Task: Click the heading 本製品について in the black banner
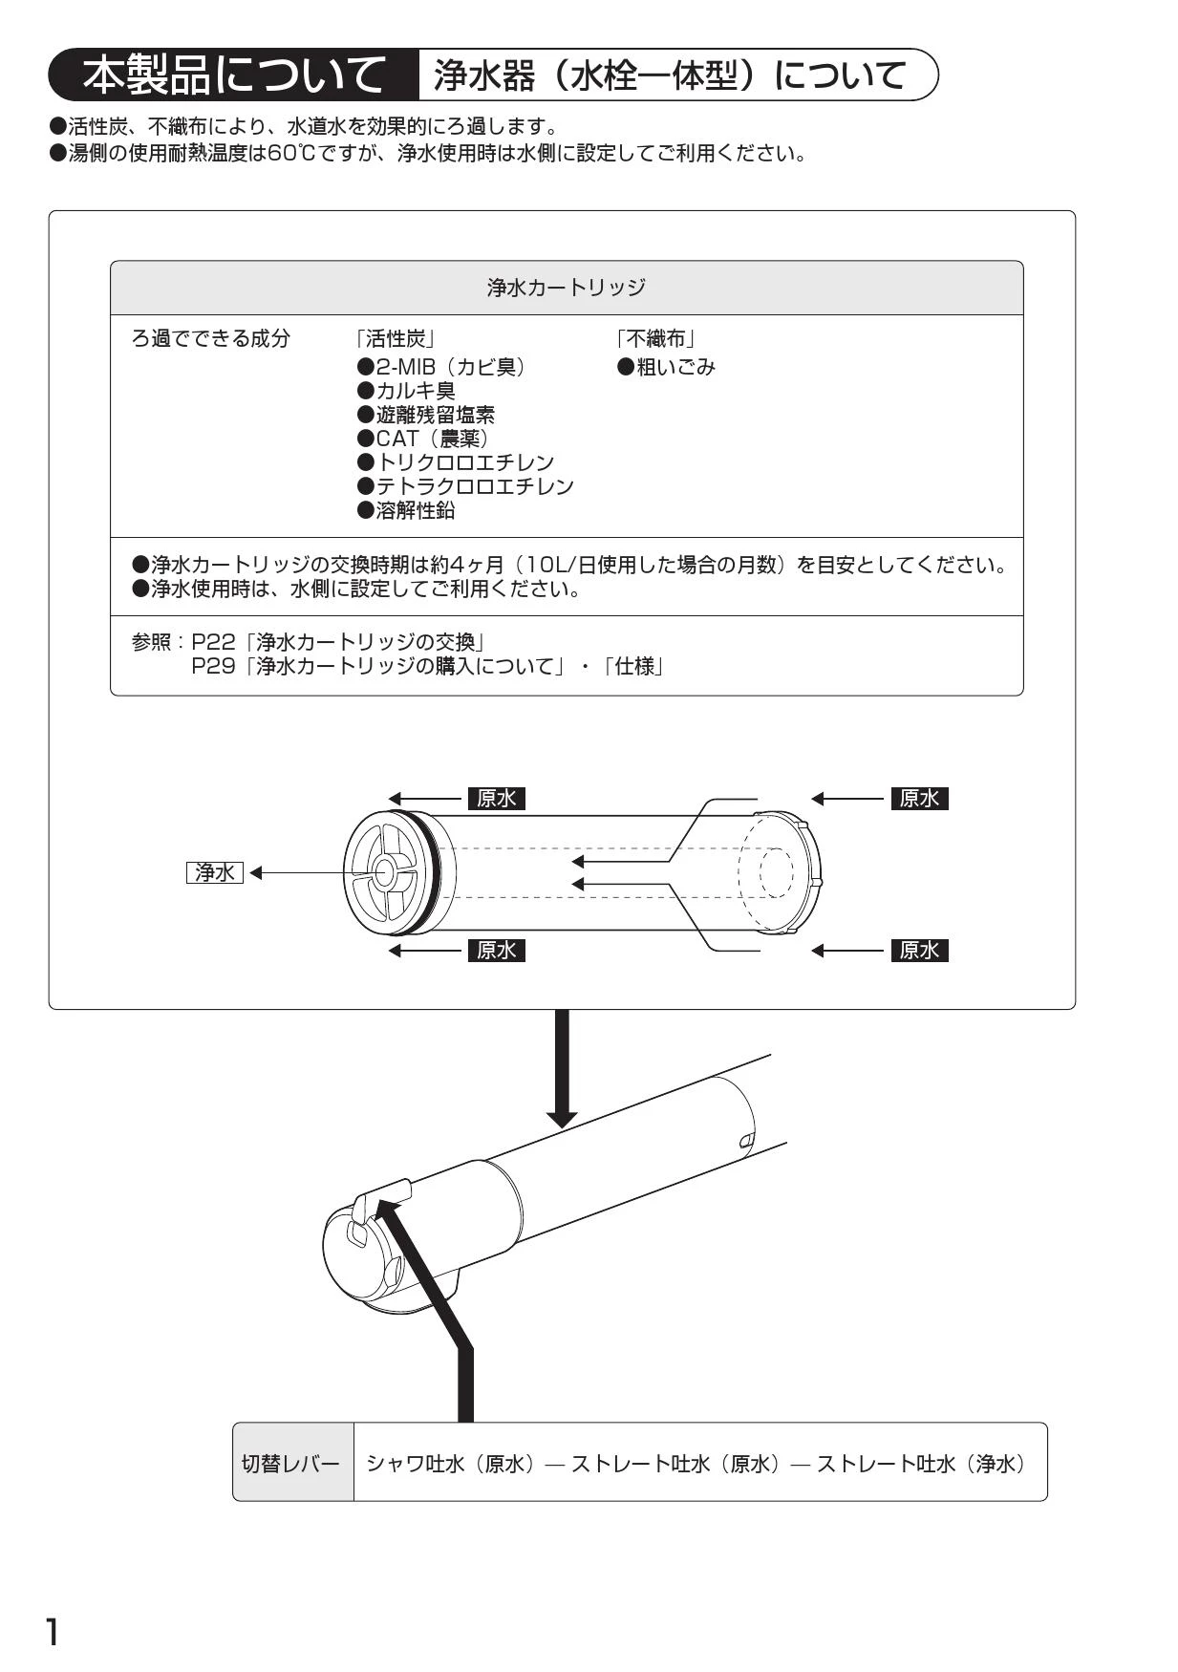(232, 75)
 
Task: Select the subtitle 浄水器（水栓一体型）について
(671, 75)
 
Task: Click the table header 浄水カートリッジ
(567, 288)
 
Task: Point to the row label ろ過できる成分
(210, 338)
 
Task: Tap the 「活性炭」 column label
(396, 338)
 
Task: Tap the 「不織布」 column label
(655, 338)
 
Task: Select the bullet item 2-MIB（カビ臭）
(441, 367)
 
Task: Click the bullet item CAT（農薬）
(423, 439)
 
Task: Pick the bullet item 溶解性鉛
(406, 510)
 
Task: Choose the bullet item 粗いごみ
(666, 367)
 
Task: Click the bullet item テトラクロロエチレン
(465, 486)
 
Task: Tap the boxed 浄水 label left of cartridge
(215, 872)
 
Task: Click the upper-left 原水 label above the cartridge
(497, 799)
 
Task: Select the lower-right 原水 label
(920, 951)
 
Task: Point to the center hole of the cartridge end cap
(387, 871)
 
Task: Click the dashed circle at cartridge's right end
(776, 872)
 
